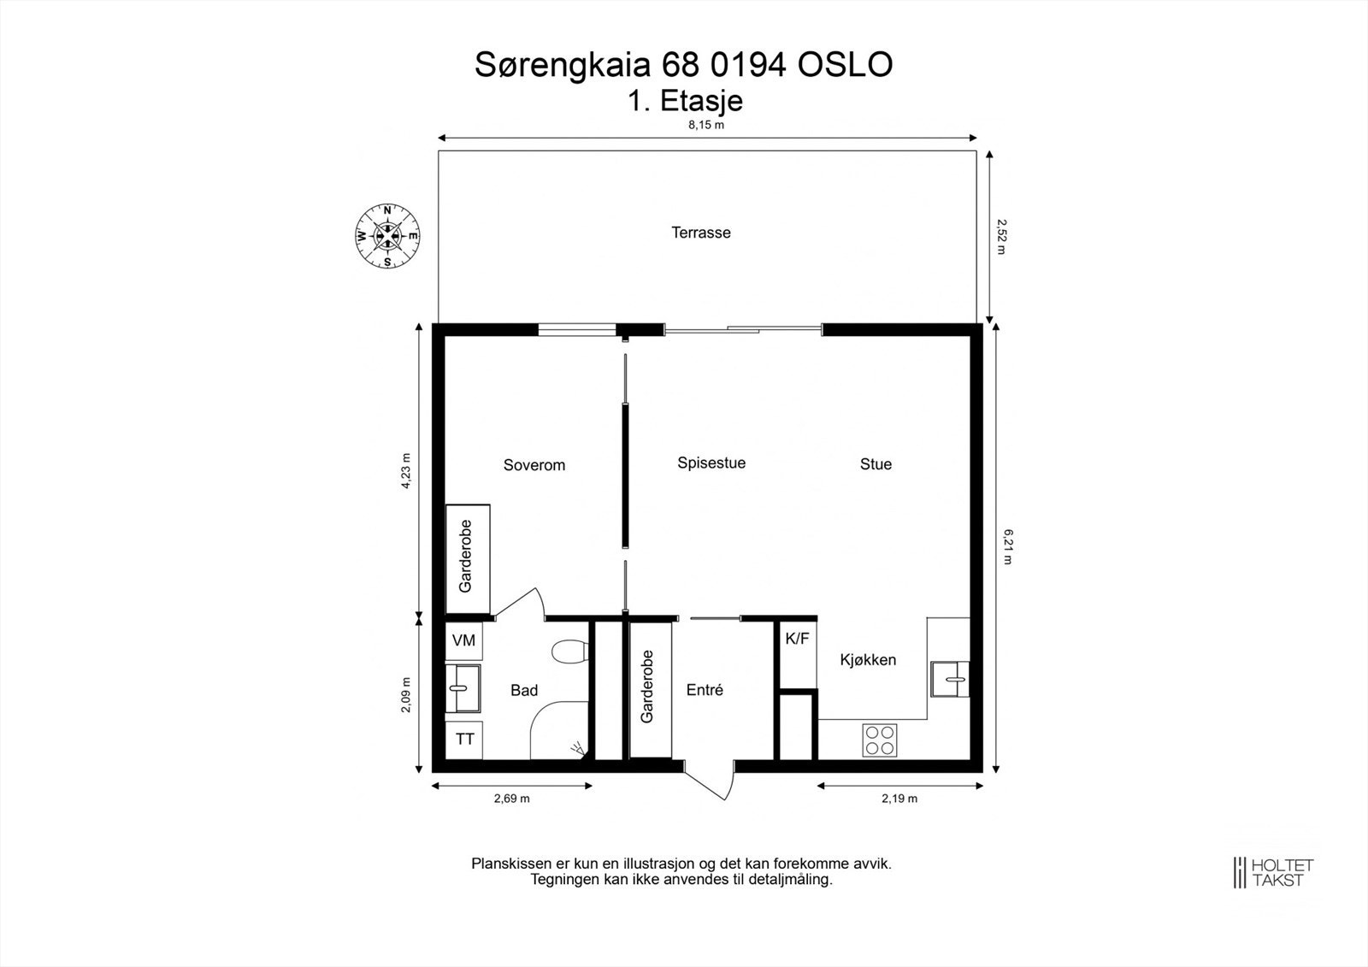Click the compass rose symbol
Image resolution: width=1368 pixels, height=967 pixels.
tap(387, 236)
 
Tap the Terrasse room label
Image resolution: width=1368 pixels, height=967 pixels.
tap(700, 233)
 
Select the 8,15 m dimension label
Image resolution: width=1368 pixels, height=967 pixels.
tap(706, 125)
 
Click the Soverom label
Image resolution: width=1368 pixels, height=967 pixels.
tap(534, 465)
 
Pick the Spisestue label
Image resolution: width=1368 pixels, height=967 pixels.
tap(711, 463)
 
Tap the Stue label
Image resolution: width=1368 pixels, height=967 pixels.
tap(876, 464)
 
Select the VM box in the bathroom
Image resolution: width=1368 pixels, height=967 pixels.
tap(463, 640)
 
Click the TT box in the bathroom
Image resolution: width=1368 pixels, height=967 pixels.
tap(464, 740)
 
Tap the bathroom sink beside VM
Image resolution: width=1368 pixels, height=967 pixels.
tap(463, 688)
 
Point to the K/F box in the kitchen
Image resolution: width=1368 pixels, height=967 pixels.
tap(796, 638)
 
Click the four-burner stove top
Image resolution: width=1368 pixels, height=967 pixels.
tap(880, 740)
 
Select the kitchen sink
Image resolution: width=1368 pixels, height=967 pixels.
tap(950, 679)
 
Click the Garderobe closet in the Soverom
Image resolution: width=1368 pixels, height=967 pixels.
tap(467, 558)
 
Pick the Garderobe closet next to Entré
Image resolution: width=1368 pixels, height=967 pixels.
tap(649, 689)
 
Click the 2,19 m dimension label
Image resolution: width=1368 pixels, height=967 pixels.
tap(899, 799)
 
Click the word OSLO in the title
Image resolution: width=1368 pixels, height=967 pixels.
tap(845, 65)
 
